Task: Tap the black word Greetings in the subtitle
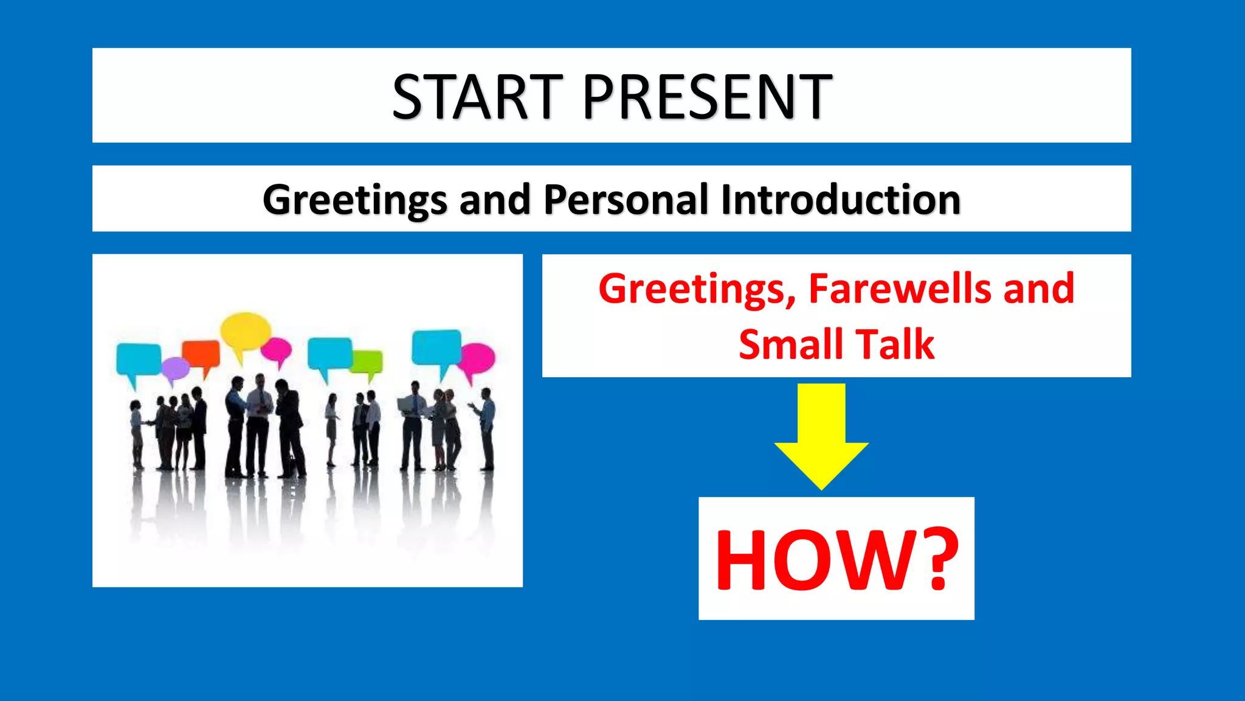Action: pos(355,200)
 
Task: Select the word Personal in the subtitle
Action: pos(626,200)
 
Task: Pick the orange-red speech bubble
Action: pos(201,354)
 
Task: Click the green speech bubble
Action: pos(367,361)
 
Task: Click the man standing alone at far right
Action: pos(486,426)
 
